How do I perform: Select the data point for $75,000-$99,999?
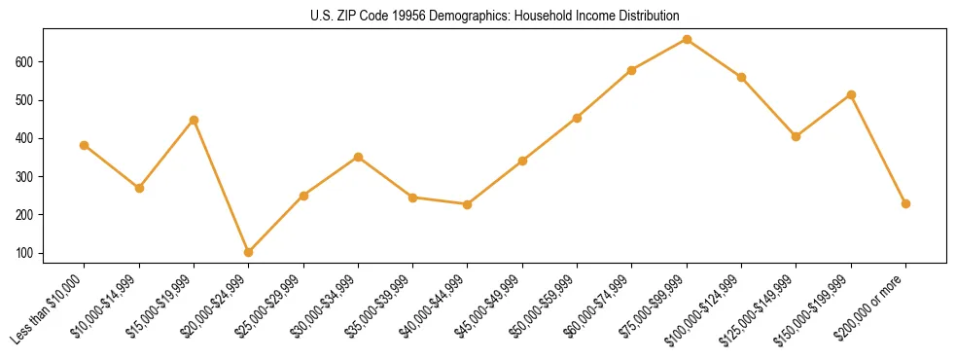click(x=687, y=39)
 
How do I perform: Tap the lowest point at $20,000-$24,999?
click(x=249, y=252)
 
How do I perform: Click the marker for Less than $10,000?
click(x=85, y=145)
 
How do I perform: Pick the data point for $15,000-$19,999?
click(x=194, y=120)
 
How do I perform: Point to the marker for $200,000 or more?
click(x=905, y=203)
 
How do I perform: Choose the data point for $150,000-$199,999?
click(x=851, y=94)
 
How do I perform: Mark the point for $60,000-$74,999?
click(x=632, y=70)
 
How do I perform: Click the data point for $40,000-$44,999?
click(x=468, y=204)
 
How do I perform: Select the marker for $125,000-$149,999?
click(x=797, y=136)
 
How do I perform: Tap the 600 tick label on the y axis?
click(x=25, y=62)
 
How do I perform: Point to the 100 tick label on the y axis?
click(x=25, y=253)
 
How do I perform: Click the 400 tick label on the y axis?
click(x=25, y=138)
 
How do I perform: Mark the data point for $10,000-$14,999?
click(x=139, y=188)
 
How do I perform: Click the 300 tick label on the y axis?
click(x=25, y=176)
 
